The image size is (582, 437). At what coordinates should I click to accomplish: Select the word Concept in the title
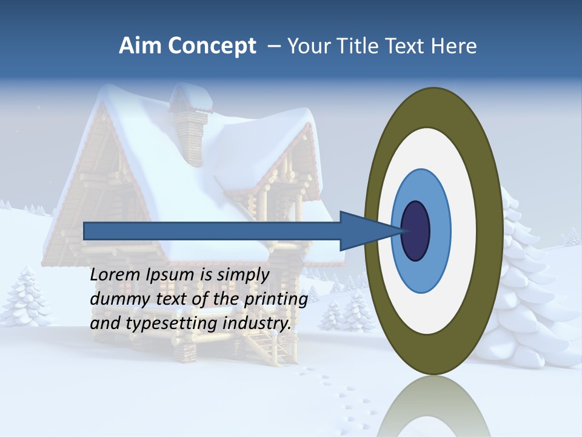tap(212, 46)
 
